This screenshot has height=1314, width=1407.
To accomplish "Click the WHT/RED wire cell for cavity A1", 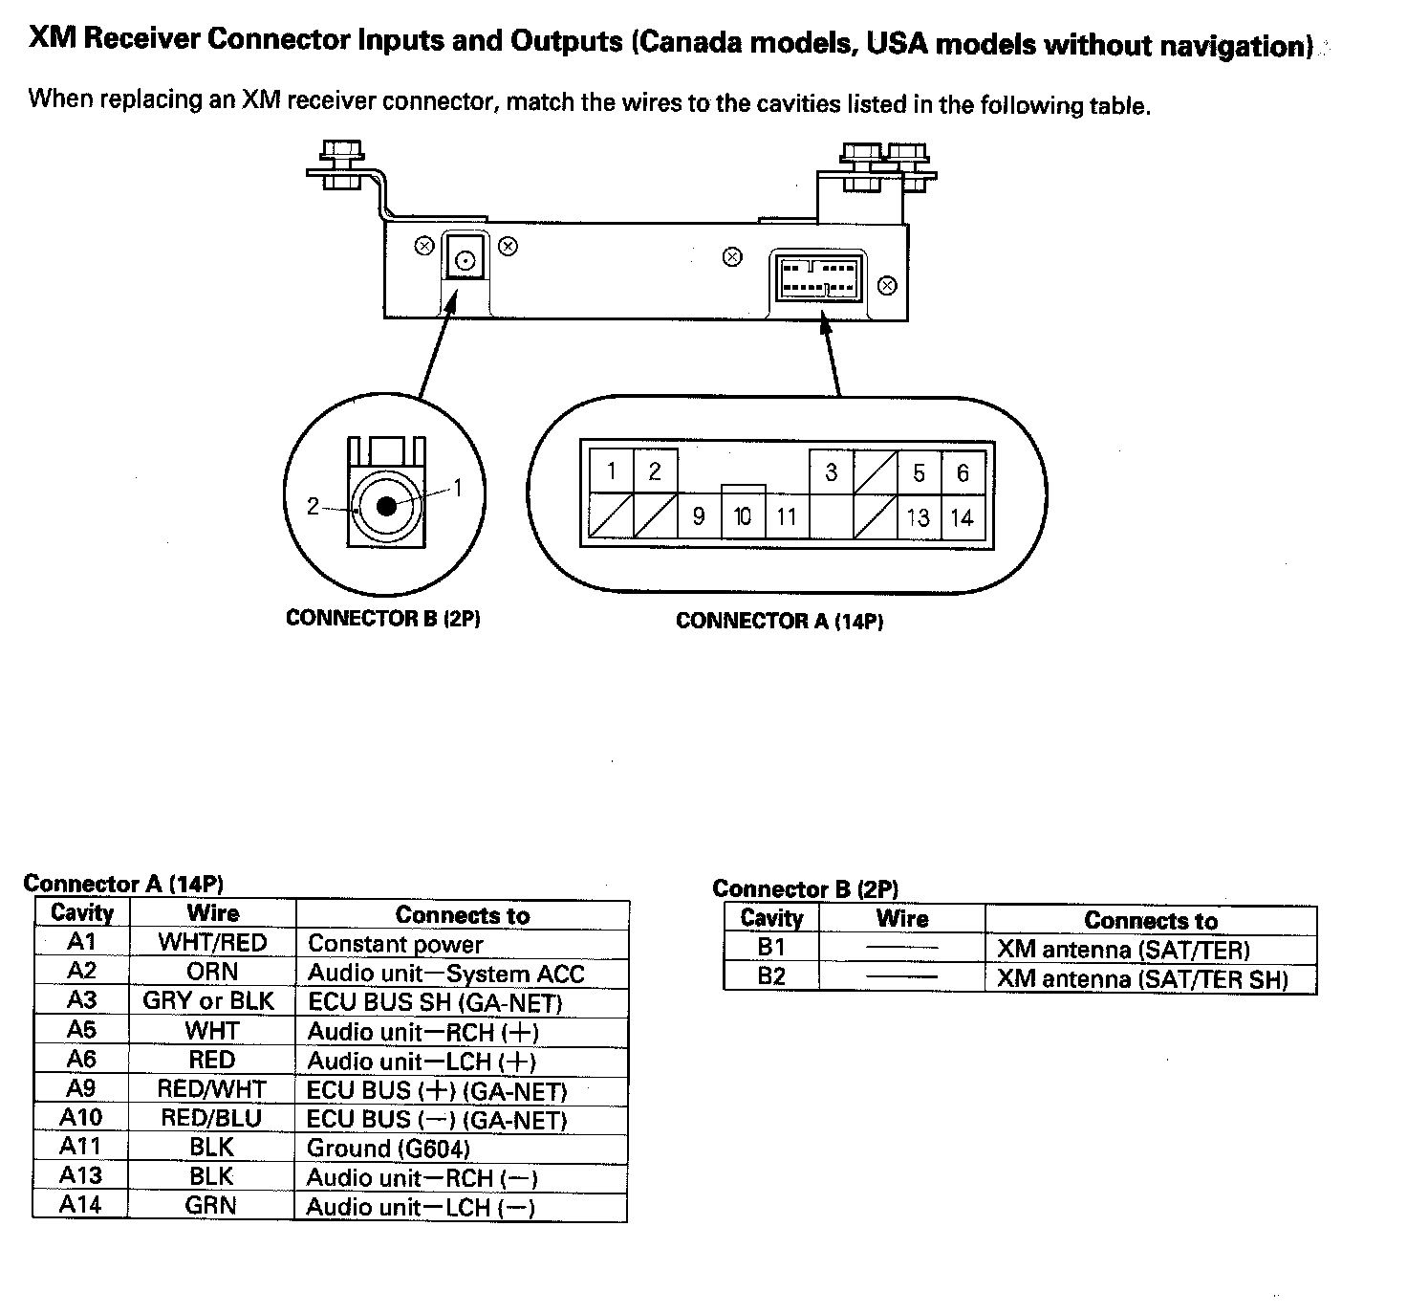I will [x=212, y=943].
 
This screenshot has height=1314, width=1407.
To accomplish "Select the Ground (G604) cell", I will [x=388, y=1148].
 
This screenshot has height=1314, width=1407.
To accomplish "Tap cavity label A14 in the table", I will [x=80, y=1205].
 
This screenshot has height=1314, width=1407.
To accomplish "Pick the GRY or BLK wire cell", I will [x=208, y=1001].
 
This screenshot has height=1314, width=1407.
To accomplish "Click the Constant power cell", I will [x=395, y=945].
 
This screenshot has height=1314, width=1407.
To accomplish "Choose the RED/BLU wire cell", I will [x=211, y=1118].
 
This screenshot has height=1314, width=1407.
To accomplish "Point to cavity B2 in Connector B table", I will [x=770, y=977].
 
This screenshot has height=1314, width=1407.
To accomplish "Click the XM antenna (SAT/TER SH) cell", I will [x=1142, y=979].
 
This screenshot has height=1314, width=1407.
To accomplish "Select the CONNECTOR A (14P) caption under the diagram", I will [x=779, y=622].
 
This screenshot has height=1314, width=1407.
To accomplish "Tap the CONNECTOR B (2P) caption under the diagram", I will [x=382, y=619].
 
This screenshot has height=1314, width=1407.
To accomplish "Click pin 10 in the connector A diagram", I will [x=743, y=516].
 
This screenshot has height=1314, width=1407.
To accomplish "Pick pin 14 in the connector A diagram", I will [x=962, y=517].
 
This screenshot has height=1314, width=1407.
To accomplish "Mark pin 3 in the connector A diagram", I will [x=832, y=471].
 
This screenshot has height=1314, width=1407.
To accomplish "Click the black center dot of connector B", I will [x=386, y=506].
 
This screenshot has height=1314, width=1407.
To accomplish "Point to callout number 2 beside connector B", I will [x=313, y=506].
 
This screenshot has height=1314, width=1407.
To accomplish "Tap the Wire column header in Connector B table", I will [x=901, y=919].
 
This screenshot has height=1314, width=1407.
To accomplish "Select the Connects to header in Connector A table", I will [x=462, y=915].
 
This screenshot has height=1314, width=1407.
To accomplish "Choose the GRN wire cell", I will [x=210, y=1205].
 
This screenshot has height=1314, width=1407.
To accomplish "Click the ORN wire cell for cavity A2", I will [x=211, y=972].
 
